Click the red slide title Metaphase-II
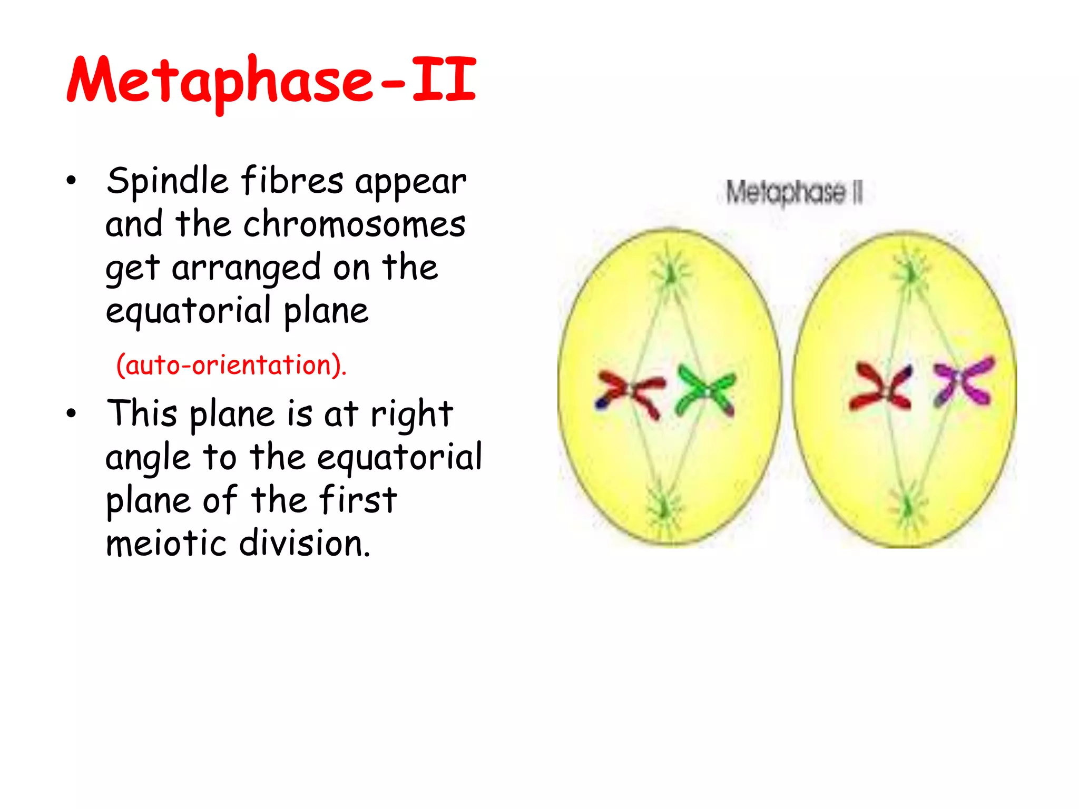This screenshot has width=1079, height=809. pos(271,80)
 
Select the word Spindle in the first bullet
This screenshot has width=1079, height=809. pos(167,181)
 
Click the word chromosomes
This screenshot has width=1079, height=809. pos(354,224)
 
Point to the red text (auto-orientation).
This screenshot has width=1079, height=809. pos(231,364)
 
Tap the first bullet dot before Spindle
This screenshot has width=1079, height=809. pos(71,181)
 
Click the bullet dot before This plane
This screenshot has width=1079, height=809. pos(71,413)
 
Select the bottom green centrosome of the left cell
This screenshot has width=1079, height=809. pos(664,508)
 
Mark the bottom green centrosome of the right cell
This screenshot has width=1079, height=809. pos(907,508)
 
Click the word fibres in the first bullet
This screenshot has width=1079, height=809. pos(292,181)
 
